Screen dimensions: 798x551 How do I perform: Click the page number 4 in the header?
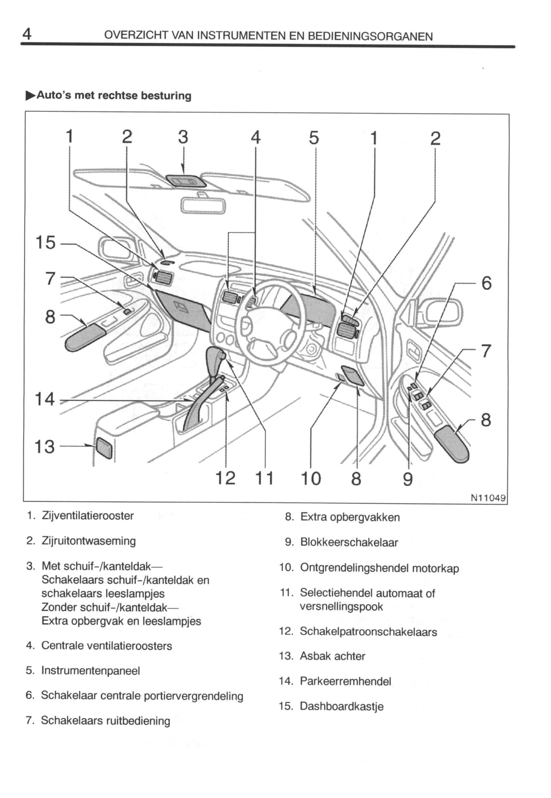coord(27,34)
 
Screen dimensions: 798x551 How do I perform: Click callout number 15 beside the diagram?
coord(46,242)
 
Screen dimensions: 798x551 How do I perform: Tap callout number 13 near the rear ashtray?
coord(45,446)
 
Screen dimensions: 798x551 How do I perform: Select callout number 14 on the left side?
coord(45,399)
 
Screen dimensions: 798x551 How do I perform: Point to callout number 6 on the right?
coord(486,283)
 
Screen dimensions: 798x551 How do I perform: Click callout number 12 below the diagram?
coord(225,478)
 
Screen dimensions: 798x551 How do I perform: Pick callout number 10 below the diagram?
coord(311,478)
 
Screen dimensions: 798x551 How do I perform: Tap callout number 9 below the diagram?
coord(408,479)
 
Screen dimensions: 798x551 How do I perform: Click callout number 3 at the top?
coord(182,137)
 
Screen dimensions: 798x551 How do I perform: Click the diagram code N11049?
coord(488,497)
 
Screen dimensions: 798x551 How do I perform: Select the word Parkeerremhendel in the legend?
coord(345,681)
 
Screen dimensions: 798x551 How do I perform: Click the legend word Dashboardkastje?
coord(342,706)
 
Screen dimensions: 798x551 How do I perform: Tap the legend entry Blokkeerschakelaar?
coord(349,542)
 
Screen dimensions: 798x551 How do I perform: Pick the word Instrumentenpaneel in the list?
coord(91,671)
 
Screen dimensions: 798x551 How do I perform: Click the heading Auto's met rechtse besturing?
coord(114,96)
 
